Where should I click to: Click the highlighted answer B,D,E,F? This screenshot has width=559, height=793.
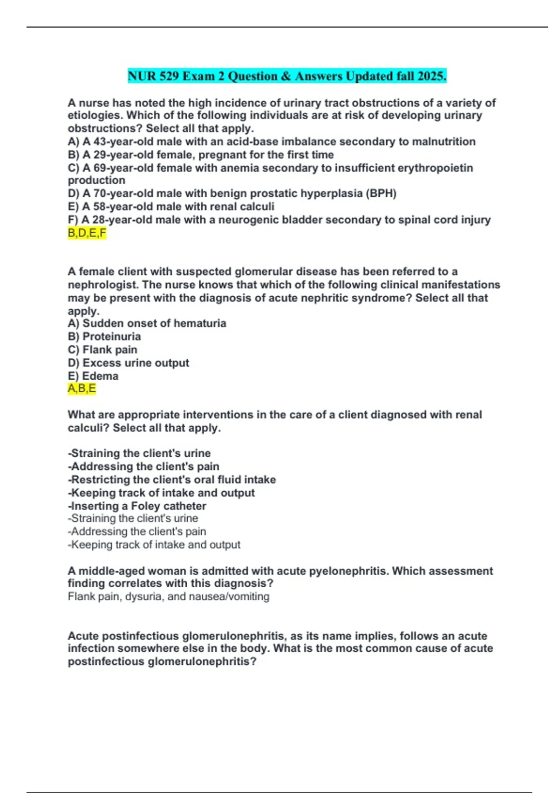[87, 233]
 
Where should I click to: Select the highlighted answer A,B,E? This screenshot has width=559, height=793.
[82, 389]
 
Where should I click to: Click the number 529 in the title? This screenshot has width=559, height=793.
[170, 76]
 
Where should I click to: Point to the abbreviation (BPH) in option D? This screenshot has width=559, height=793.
[381, 194]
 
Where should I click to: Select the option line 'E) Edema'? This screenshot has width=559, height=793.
[93, 376]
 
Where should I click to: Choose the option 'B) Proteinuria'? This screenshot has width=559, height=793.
[104, 337]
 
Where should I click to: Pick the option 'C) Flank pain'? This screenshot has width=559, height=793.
[102, 350]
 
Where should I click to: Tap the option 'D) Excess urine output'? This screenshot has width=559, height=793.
[129, 363]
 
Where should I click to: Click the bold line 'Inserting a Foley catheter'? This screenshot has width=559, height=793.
[137, 506]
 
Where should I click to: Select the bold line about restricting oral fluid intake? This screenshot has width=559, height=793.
[172, 480]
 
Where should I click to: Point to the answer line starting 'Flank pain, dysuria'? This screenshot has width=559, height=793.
[169, 597]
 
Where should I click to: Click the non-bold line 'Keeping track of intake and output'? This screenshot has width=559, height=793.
[154, 545]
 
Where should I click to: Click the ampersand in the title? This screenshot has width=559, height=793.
[286, 76]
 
